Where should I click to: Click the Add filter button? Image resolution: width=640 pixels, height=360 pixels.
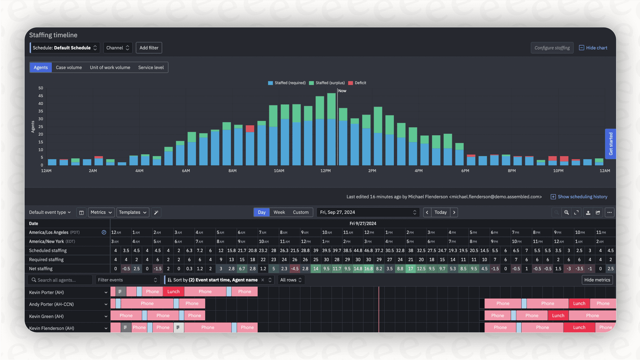149,48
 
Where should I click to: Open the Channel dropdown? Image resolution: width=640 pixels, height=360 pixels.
118,48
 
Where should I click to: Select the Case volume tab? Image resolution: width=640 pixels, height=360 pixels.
69,67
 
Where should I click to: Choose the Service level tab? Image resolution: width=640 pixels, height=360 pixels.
151,67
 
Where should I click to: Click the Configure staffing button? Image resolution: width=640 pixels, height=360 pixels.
552,48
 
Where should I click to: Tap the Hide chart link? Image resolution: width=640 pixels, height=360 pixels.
593,48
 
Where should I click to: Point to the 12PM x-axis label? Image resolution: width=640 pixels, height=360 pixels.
325,171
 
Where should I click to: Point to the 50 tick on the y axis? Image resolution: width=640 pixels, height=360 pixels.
41,88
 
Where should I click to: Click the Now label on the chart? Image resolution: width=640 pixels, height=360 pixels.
342,91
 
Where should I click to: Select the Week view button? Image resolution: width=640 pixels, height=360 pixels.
279,213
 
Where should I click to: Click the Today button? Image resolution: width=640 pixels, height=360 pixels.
440,213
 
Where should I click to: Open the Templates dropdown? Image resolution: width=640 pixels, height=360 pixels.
133,213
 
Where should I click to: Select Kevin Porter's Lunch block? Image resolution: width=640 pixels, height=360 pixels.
173,292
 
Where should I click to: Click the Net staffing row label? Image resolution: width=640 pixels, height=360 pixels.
41,269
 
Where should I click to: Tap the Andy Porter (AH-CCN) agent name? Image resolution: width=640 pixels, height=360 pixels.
51,304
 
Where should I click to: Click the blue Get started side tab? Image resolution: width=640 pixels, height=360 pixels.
610,144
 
